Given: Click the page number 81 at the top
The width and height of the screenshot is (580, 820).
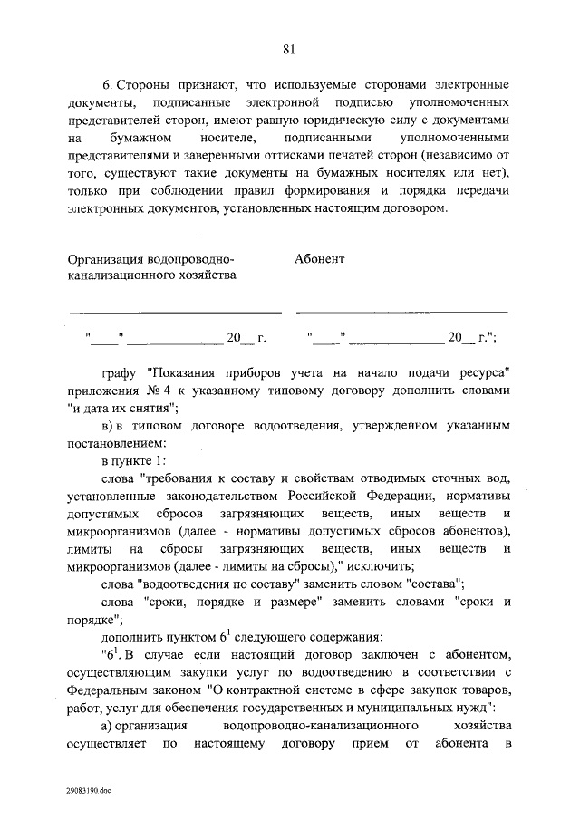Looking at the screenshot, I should [x=289, y=48].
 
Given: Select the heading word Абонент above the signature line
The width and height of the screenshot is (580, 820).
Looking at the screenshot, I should [x=320, y=259].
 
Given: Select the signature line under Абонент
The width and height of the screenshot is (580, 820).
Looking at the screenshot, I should [x=401, y=311].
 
